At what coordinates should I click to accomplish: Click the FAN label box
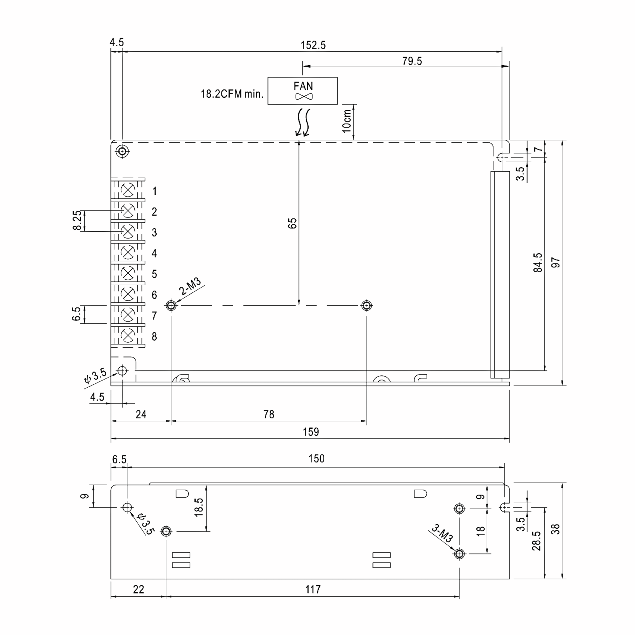[x=302, y=91]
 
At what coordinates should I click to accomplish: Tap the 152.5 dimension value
[x=313, y=45]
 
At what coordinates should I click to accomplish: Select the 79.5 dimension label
[x=412, y=61]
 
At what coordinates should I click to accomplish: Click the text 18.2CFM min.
[x=232, y=94]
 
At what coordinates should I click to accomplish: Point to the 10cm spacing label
[x=347, y=121]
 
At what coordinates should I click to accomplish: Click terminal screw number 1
[x=128, y=190]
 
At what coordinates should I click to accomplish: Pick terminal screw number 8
[x=128, y=335]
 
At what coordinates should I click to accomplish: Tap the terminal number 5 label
[x=154, y=274]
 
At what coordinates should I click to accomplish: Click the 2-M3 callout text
[x=190, y=286]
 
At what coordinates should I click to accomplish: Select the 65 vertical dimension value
[x=292, y=223]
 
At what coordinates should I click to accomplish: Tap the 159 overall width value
[x=311, y=432]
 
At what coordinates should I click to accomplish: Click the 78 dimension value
[x=269, y=414]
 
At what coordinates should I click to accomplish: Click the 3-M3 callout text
[x=442, y=533]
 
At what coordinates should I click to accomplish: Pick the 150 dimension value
[x=316, y=459]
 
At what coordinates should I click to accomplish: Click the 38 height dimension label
[x=555, y=529]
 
